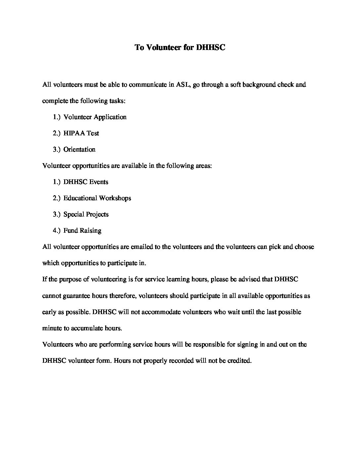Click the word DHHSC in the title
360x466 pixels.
[210, 47]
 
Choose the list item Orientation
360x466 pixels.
[79, 149]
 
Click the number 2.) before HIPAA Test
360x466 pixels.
[57, 133]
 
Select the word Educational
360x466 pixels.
[80, 198]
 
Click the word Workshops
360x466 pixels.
[115, 198]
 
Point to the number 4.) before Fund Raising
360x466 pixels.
[57, 230]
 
